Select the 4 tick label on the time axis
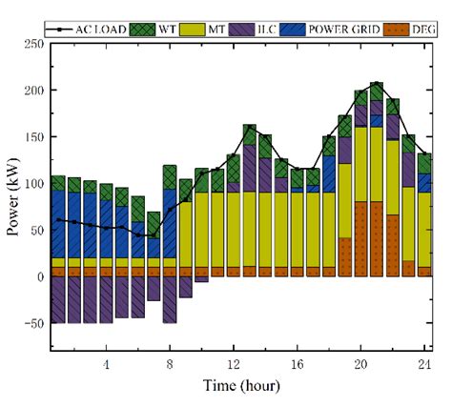(106, 365)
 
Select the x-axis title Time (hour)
(240, 388)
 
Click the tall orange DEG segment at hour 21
(377, 238)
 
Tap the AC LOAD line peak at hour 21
(377, 84)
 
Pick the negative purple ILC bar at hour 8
(169, 299)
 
